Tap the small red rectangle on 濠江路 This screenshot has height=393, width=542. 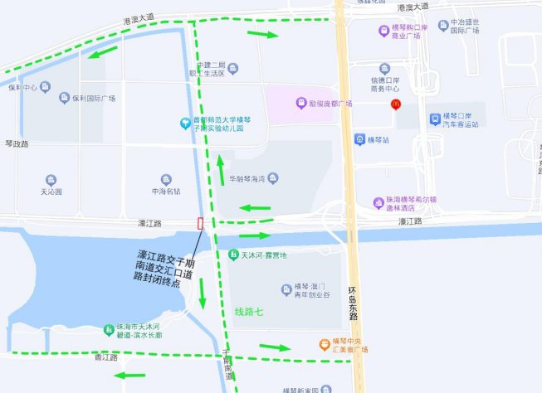point(200,223)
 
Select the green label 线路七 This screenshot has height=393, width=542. point(249,312)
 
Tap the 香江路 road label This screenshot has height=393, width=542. point(105,357)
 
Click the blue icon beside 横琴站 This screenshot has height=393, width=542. point(359,139)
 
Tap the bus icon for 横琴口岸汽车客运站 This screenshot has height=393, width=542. point(434,119)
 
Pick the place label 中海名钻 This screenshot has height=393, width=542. point(165,192)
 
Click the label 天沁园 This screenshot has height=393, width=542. point(51,192)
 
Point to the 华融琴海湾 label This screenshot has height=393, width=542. point(247,179)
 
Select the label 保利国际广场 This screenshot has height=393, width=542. point(93,99)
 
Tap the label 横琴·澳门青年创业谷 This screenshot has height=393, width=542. point(306,291)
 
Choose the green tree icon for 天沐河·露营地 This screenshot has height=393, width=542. point(232,255)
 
